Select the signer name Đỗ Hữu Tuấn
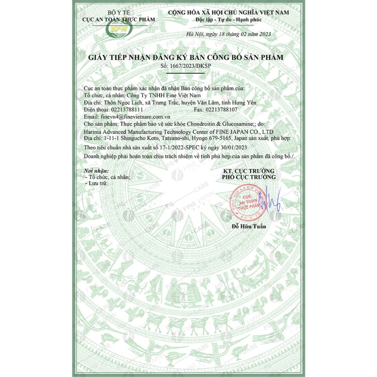pos(249,226)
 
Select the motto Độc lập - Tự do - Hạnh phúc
pos(229,20)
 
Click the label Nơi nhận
pos(96,171)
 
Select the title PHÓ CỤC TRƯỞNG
pos(249,177)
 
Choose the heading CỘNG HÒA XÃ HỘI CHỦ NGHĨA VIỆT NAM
pos(229,13)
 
